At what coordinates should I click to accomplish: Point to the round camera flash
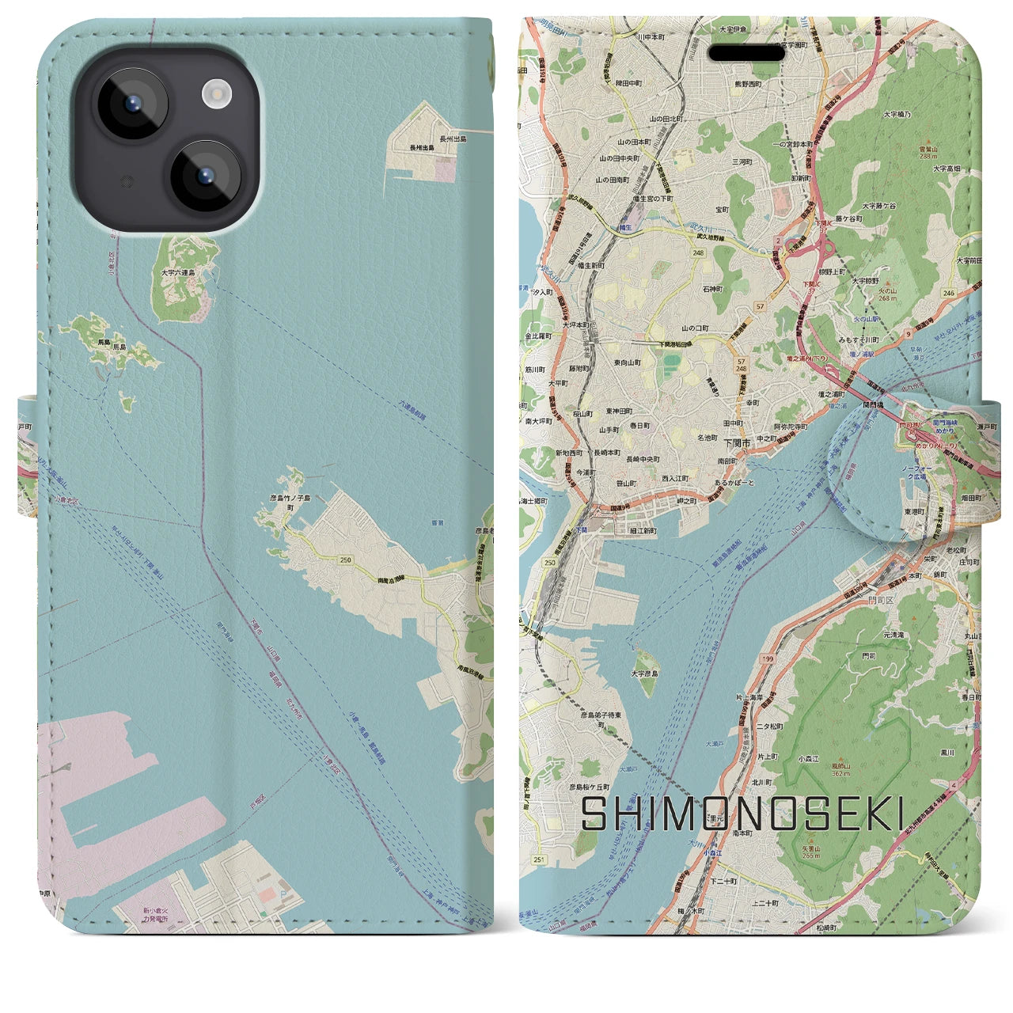(x=214, y=93)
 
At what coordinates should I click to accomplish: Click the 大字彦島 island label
(x=646, y=673)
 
